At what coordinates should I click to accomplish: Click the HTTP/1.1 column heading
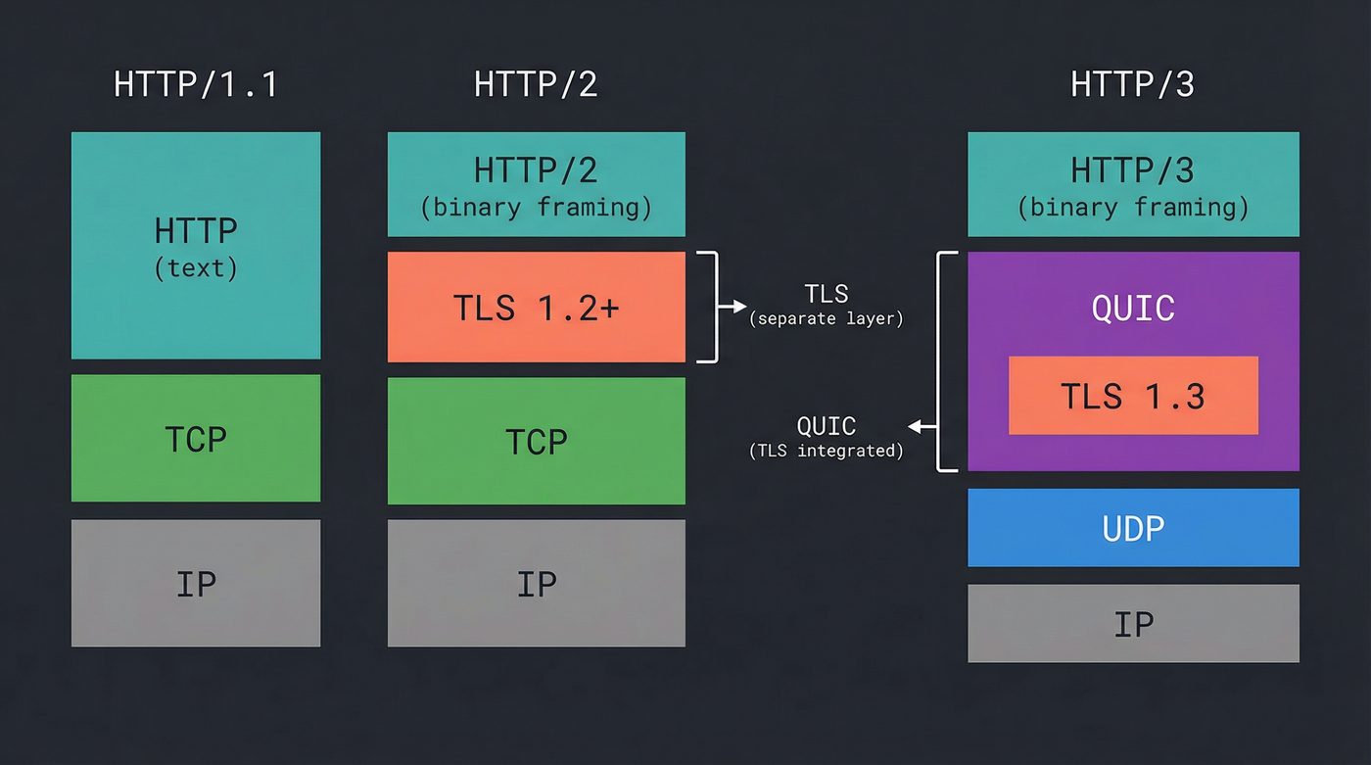[x=196, y=84]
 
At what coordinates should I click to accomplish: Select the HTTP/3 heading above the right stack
[x=1132, y=84]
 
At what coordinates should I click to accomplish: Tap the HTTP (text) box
[x=196, y=245]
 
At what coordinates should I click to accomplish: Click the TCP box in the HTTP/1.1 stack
[x=196, y=439]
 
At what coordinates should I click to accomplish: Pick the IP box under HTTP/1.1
[x=196, y=583]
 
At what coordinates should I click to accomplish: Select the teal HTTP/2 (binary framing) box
[x=536, y=184]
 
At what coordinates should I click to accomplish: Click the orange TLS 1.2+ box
[x=536, y=308]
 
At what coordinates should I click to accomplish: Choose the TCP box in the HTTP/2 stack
[x=536, y=441]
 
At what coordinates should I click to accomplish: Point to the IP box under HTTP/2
[x=536, y=584]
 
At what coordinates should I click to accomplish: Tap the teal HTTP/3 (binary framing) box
[x=1133, y=184]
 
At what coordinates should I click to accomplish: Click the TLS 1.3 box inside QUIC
[x=1133, y=396]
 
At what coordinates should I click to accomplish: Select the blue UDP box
[x=1133, y=528]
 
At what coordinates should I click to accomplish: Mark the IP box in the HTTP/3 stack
[x=1133, y=624]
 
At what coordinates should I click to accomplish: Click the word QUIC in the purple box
[x=1133, y=308]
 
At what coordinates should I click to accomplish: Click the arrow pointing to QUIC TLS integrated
[x=922, y=427]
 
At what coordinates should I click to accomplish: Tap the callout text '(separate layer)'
[x=826, y=319]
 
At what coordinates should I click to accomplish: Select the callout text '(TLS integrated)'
[x=826, y=451]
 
